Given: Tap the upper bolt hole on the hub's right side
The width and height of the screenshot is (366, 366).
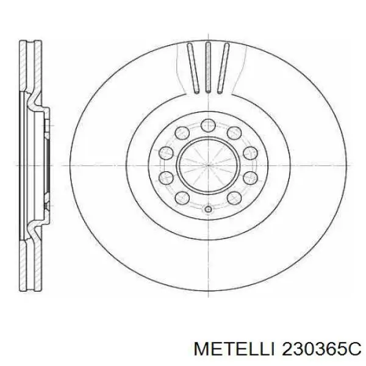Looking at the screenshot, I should point(249,152).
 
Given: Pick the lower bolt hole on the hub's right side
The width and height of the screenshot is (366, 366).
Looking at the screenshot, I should point(249,178).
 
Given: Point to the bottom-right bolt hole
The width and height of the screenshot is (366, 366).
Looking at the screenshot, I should point(233,199).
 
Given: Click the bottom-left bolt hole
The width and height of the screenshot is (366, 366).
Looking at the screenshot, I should point(181,199).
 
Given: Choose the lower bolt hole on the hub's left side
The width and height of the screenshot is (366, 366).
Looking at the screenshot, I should point(165,178).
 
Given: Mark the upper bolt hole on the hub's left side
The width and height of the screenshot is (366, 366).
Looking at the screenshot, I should point(165,152).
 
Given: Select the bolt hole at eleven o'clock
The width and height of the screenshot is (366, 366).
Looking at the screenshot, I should point(181,131).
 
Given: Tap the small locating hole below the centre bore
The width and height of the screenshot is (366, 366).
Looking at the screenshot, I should point(207,210).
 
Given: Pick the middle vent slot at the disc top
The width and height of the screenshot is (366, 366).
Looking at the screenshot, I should point(207,68).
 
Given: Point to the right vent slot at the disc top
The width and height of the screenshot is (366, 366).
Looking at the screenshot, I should point(224,69).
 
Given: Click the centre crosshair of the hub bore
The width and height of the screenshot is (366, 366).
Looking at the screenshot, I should point(207,165).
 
